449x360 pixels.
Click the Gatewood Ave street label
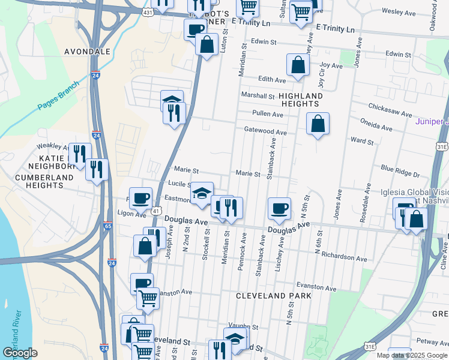coord(265,131)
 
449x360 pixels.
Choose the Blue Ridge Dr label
coord(400,173)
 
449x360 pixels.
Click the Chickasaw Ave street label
coord(390,113)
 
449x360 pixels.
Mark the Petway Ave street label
coord(432,343)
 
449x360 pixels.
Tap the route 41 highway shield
coord(155,211)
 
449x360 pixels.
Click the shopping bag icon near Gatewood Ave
coord(318,124)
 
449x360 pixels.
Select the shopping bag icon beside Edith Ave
coord(298,65)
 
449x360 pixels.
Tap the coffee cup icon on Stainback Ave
coord(279,208)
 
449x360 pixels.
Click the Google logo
coord(20,353)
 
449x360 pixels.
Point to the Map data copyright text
coord(411,355)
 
